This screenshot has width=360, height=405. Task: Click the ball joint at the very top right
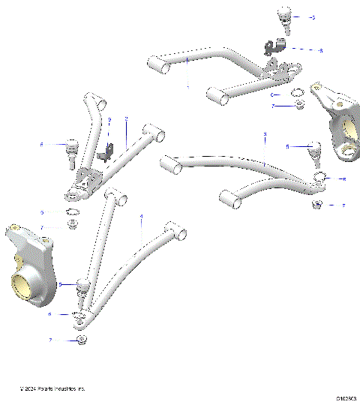tap(284, 16)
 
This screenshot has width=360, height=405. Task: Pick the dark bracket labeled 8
tap(271, 47)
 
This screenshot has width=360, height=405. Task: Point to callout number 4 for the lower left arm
tap(140, 215)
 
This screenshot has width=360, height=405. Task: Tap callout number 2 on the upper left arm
tap(127, 118)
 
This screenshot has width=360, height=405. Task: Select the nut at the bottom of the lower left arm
tap(81, 340)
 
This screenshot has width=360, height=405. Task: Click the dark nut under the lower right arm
tap(318, 205)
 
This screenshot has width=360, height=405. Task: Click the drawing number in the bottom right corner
tap(346, 398)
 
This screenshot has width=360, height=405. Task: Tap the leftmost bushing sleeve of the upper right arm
tap(156, 64)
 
